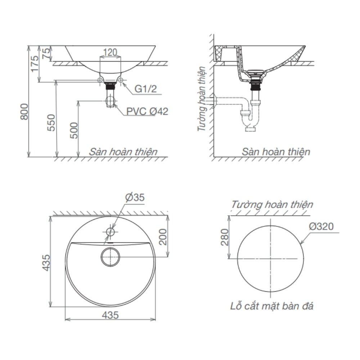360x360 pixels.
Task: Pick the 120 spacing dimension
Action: [x=110, y=53]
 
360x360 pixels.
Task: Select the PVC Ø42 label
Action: [x=147, y=111]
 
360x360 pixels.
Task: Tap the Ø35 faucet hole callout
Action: [x=135, y=198]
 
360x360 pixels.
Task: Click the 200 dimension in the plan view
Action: [x=163, y=237]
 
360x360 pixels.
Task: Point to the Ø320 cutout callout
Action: [x=321, y=226]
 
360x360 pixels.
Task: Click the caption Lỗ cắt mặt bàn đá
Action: [x=272, y=306]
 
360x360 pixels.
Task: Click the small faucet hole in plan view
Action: [x=110, y=231]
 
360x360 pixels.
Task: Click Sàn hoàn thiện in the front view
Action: [x=123, y=152]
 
